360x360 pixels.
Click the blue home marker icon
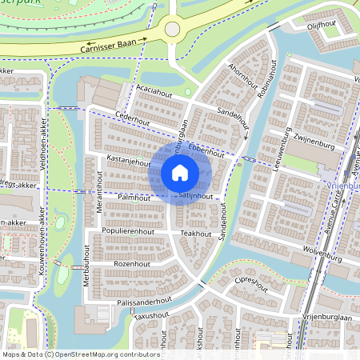click(180, 173)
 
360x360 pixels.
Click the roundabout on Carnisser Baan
click(172, 30)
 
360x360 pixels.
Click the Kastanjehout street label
click(128, 161)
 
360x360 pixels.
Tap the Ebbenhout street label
click(211, 150)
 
